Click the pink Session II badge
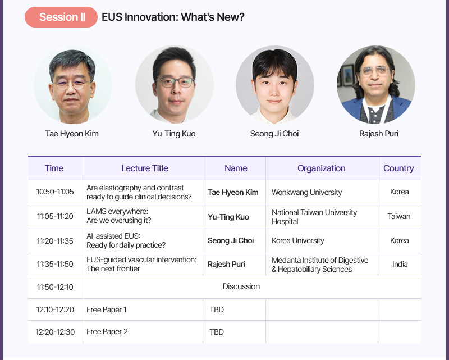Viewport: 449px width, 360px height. pyautogui.click(x=61, y=17)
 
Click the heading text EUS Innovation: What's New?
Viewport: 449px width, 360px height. pyautogui.click(x=173, y=17)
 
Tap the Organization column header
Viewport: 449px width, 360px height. pyautogui.click(x=321, y=168)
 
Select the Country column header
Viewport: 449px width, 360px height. pyautogui.click(x=398, y=168)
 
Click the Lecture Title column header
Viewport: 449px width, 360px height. pyautogui.click(x=145, y=168)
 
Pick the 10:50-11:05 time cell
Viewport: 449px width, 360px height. pyautogui.click(x=55, y=192)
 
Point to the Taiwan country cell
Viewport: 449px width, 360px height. pyautogui.click(x=399, y=216)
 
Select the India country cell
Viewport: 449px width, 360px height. pyautogui.click(x=400, y=264)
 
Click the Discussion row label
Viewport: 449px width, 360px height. pyautogui.click(x=241, y=286)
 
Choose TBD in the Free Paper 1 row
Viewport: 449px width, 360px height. pyautogui.click(x=217, y=309)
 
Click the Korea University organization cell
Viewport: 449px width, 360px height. pyautogui.click(x=298, y=240)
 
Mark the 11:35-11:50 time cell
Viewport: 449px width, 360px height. pyautogui.click(x=55, y=264)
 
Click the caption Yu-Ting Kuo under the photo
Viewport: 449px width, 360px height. pyautogui.click(x=174, y=134)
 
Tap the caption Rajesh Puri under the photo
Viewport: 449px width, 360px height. pyautogui.click(x=378, y=134)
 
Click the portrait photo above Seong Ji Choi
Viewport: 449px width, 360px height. pyautogui.click(x=274, y=85)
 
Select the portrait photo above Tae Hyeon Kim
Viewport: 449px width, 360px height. pyautogui.click(x=73, y=85)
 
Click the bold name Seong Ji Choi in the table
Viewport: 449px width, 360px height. pyautogui.click(x=231, y=240)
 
